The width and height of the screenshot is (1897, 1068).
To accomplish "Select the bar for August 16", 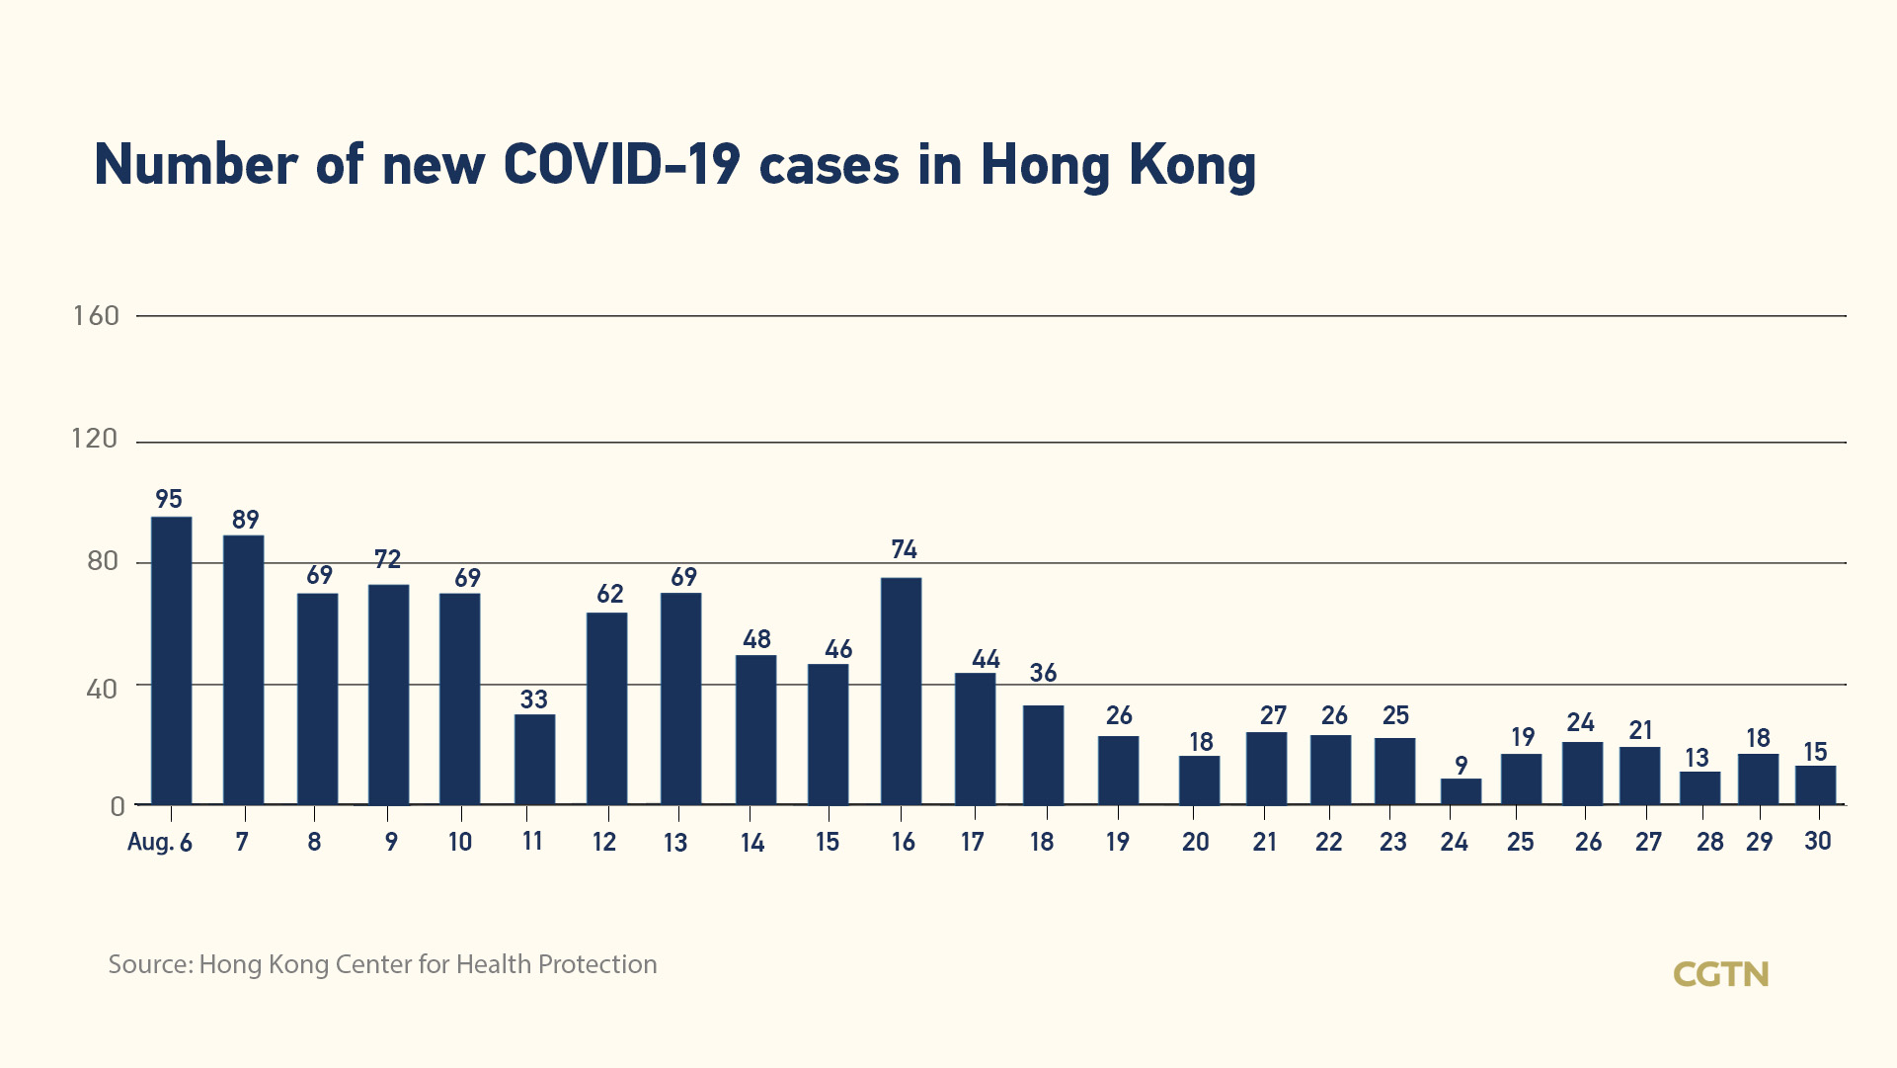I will [901, 691].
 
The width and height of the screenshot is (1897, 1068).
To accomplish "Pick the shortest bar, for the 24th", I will [1461, 791].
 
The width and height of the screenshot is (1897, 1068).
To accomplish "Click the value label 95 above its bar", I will [169, 499].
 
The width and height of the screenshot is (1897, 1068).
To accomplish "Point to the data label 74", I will [904, 549].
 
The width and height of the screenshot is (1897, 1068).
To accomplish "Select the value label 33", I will [533, 699].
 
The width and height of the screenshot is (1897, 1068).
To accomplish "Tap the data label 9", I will [1461, 766].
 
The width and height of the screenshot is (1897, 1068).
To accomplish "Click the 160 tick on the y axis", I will [96, 316].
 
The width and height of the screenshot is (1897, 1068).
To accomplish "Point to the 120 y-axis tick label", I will [95, 439].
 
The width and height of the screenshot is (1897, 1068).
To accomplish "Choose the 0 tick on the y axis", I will [118, 807].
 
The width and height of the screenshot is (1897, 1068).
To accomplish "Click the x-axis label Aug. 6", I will [160, 843].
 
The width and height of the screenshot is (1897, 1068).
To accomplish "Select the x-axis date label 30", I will [1817, 841].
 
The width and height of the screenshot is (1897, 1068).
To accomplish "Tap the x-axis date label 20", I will [1195, 843].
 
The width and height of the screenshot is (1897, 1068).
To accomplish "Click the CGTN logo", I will [1720, 974].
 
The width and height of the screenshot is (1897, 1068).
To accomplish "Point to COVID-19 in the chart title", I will [621, 164].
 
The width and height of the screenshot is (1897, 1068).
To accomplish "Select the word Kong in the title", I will [1192, 164].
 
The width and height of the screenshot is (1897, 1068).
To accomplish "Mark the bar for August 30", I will [1815, 785].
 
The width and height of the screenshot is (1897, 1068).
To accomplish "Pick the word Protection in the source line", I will [596, 964].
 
